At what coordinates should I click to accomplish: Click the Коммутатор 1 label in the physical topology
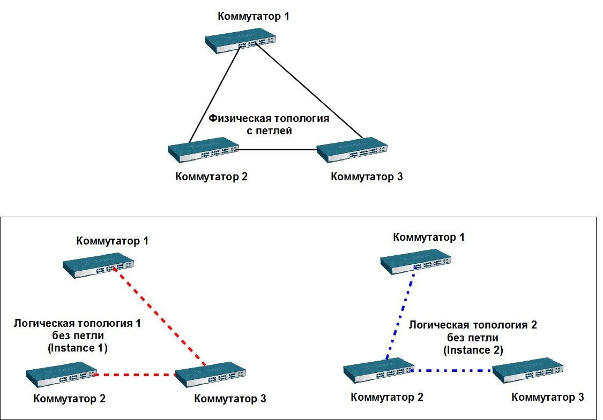click(x=253, y=16)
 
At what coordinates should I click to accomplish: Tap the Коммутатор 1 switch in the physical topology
click(x=241, y=41)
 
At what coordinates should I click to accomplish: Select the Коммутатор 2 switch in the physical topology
click(x=204, y=150)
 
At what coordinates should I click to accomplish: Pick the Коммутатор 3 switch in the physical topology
click(x=352, y=150)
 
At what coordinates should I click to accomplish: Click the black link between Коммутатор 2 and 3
click(x=278, y=150)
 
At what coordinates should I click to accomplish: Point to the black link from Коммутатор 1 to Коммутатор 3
click(x=310, y=90)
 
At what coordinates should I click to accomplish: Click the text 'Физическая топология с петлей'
click(x=269, y=124)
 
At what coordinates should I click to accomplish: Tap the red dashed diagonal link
click(x=160, y=316)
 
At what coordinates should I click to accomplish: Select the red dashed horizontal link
click(x=135, y=375)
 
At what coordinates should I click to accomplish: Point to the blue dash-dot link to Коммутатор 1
click(x=401, y=316)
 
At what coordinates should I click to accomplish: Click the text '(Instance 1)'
click(x=78, y=348)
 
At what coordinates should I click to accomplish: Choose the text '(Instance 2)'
click(x=473, y=350)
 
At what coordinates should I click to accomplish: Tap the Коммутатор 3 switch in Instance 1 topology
click(x=210, y=375)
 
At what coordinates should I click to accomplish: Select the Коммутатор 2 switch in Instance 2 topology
click(x=379, y=370)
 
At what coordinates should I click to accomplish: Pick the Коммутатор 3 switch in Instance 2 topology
click(x=528, y=370)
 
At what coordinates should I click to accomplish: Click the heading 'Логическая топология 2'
click(x=473, y=325)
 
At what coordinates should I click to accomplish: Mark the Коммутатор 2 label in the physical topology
click(x=212, y=177)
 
